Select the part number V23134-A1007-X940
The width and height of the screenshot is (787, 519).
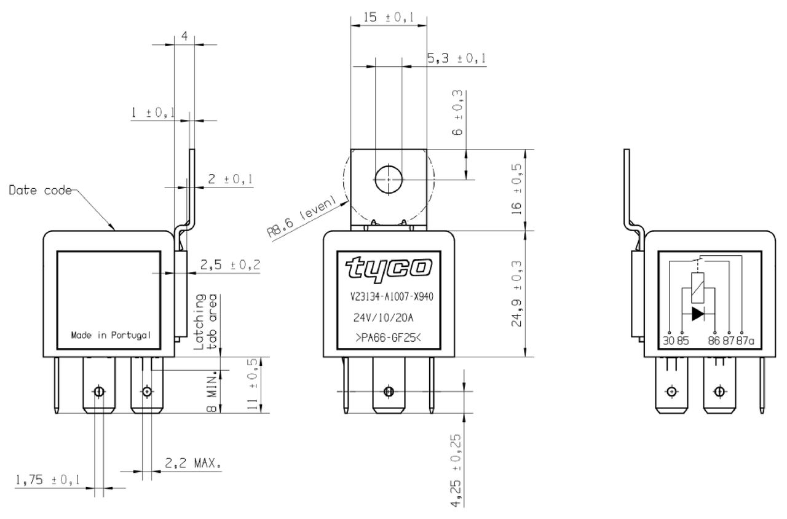392,297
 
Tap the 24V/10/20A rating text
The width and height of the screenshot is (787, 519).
383,318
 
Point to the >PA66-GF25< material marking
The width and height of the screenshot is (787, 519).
388,338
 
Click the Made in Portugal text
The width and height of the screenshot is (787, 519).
111,335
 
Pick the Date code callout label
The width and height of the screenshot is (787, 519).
40,190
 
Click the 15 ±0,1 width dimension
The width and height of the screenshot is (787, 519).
389,17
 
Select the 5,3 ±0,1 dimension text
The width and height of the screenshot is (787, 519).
457,58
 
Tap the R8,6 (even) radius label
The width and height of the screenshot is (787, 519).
301,218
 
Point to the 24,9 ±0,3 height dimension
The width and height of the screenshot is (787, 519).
516,294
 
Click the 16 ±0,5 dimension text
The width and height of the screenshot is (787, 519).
516,189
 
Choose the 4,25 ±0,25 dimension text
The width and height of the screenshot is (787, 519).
456,471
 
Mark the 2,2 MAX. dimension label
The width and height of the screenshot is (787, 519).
193,463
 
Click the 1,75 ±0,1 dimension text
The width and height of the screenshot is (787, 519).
47,480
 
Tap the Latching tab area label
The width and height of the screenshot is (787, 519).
205,322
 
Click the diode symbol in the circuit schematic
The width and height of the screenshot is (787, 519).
698,314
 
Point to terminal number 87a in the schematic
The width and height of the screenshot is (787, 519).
745,341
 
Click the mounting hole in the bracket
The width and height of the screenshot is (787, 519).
389,179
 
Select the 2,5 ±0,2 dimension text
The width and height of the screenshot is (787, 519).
231,264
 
